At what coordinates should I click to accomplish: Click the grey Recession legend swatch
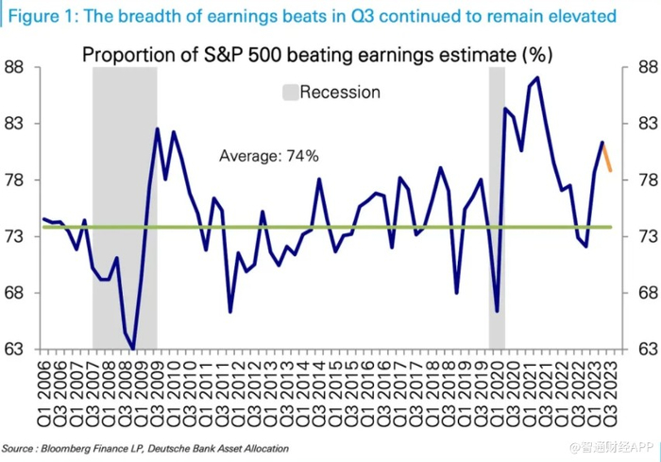pyautogui.click(x=290, y=93)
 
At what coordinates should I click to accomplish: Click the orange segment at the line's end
pyautogui.click(x=606, y=157)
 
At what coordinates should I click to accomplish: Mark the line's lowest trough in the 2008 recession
pyautogui.click(x=133, y=349)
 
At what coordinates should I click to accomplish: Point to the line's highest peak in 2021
pyautogui.click(x=536, y=77)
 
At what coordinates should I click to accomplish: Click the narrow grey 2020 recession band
pyautogui.click(x=497, y=208)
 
